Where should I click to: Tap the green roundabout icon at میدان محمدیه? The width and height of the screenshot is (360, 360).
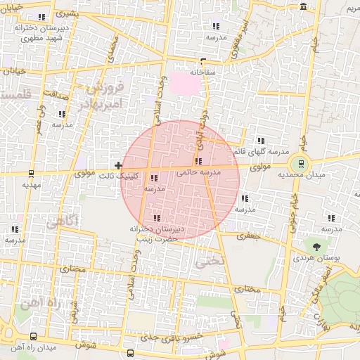[x=302, y=165]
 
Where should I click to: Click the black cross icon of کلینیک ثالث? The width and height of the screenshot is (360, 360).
[x=118, y=165]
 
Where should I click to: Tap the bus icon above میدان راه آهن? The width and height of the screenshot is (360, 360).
[x=34, y=337]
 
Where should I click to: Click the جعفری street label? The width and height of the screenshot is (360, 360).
[x=248, y=237]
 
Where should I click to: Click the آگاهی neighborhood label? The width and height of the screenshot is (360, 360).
[x=63, y=221]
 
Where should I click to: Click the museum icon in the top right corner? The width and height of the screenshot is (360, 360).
[x=303, y=7]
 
